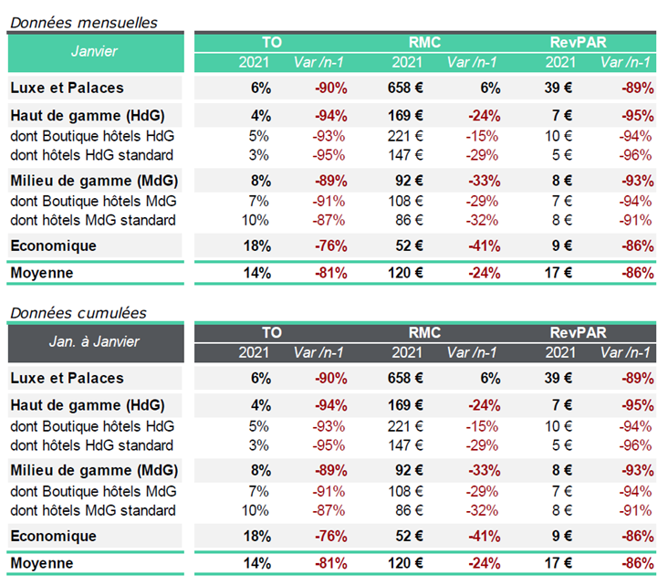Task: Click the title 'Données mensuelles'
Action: click(84, 22)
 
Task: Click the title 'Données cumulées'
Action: click(78, 313)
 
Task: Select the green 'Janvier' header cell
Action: click(96, 52)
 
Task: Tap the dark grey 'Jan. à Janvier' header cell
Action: click(96, 342)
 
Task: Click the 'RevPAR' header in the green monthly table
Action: click(578, 42)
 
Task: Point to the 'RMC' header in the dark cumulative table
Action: click(424, 332)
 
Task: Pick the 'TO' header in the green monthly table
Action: click(272, 42)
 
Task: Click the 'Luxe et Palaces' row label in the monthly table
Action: click(67, 88)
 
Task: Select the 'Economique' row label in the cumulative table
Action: click(53, 536)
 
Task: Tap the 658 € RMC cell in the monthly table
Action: click(405, 88)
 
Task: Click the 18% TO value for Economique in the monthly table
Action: click(257, 245)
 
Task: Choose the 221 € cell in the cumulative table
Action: click(405, 426)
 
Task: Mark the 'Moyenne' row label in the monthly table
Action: click(42, 273)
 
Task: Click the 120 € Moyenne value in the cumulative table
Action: click(405, 563)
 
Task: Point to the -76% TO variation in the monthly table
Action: click(331, 245)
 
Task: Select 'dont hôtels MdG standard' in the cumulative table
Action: click(93, 510)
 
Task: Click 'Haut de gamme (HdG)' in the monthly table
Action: click(88, 116)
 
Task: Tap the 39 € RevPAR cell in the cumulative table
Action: click(558, 378)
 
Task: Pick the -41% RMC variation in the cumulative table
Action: click(485, 536)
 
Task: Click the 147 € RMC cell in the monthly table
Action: click(405, 155)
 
